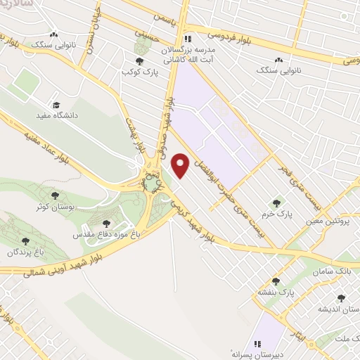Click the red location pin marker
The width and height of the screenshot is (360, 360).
click(181, 166)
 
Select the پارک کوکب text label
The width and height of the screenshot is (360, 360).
click(136, 72)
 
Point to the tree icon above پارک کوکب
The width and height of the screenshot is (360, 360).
click(139, 60)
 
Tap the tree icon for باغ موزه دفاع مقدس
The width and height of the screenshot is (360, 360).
click(107, 224)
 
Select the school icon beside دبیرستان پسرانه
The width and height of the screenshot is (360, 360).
click(259, 343)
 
